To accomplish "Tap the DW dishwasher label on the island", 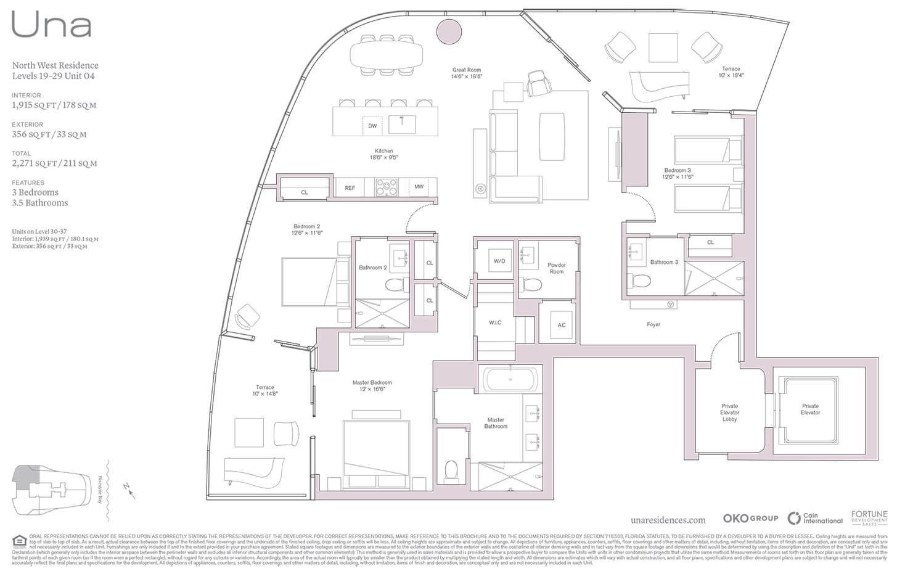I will click(372, 126).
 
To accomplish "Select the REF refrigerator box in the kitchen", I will click(350, 187).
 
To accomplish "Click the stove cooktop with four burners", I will click(387, 187).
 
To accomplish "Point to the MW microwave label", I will click(419, 187).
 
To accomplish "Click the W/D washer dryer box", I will click(499, 261).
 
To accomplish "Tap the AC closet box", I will click(561, 325).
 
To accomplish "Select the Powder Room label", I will click(556, 268).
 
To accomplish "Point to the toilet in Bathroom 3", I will click(641, 281).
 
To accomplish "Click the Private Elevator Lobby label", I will click(729, 412).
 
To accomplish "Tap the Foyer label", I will click(653, 324).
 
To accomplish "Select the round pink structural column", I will click(449, 30).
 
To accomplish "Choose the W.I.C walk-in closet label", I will click(495, 322).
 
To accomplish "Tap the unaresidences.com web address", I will click(668, 520).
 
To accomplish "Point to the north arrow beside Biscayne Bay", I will click(128, 490).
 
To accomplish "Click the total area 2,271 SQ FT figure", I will click(54, 163).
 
